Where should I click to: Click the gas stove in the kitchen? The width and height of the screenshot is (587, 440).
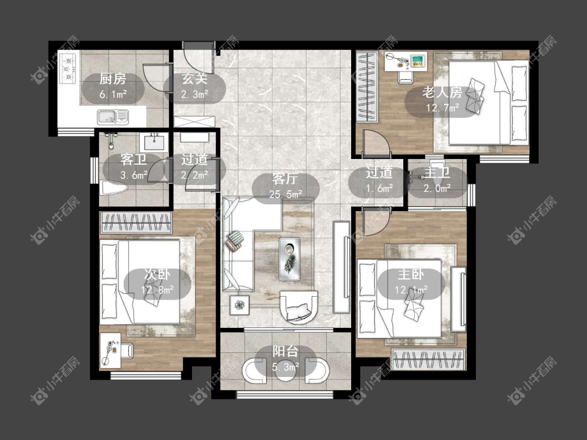click(68, 68)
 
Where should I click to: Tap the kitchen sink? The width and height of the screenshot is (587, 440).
click(113, 117)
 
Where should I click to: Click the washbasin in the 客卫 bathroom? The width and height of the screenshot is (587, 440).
click(154, 142)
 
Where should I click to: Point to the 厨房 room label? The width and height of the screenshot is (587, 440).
click(113, 79)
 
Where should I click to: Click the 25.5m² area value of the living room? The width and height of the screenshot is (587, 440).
click(285, 194)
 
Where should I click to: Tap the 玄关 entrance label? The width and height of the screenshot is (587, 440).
click(195, 79)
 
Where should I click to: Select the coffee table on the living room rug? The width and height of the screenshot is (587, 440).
click(289, 259)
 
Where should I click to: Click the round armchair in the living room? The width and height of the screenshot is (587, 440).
click(298, 307)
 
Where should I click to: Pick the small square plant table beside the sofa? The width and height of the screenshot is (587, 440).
click(239, 305)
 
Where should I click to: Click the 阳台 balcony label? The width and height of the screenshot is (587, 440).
click(285, 351)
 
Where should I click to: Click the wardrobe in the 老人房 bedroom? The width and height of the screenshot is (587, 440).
click(366, 87)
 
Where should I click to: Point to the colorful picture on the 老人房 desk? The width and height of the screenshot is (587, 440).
click(418, 60)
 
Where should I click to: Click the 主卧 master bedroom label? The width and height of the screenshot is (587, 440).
click(411, 275)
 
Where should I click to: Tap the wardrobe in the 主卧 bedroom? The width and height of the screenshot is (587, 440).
click(428, 360)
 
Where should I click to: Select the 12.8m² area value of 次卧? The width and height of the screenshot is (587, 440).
click(157, 290)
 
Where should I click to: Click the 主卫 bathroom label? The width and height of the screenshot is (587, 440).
click(437, 173)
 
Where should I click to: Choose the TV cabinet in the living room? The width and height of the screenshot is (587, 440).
click(341, 267)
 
